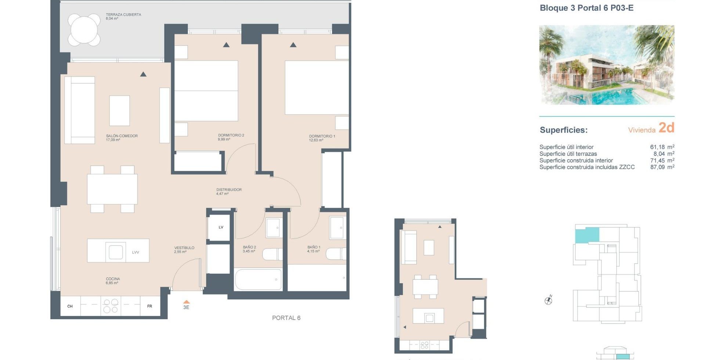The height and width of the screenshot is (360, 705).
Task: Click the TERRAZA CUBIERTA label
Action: pyautogui.click(x=123, y=15)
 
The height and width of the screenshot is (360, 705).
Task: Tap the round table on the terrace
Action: pyautogui.click(x=84, y=30)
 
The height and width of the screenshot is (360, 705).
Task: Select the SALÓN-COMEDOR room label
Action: pyautogui.click(x=122, y=136)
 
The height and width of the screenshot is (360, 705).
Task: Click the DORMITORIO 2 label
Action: pyautogui.click(x=231, y=135)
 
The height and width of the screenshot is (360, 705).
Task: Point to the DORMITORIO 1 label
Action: pyautogui.click(x=322, y=136)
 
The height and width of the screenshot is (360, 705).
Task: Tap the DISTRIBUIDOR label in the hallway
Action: pyautogui.click(x=229, y=190)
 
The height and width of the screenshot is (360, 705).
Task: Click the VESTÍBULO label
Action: pyautogui.click(x=184, y=248)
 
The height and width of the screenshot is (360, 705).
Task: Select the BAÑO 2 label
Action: pyautogui.click(x=249, y=247)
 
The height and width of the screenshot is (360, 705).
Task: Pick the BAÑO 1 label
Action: pyautogui.click(x=314, y=247)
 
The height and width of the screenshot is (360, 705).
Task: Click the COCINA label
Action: pyautogui.click(x=113, y=279)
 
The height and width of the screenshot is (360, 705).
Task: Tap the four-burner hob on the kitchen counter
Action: pyautogui.click(x=111, y=306)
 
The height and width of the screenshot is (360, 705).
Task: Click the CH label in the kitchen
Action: pyautogui.click(x=70, y=306)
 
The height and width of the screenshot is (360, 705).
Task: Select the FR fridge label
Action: pyautogui.click(x=149, y=306)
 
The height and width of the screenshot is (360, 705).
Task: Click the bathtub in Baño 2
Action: pyautogui.click(x=258, y=280)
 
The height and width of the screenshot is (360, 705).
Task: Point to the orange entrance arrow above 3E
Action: pyautogui.click(x=187, y=302)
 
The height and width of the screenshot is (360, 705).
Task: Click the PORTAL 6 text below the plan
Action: pyautogui.click(x=286, y=318)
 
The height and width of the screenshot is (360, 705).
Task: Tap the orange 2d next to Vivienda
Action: pyautogui.click(x=666, y=127)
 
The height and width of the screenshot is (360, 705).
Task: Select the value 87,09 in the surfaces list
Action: pyautogui.click(x=657, y=167)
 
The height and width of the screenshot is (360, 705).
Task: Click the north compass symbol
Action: pyautogui.click(x=548, y=300)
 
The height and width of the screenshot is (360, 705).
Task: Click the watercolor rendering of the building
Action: pyautogui.click(x=607, y=65)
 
